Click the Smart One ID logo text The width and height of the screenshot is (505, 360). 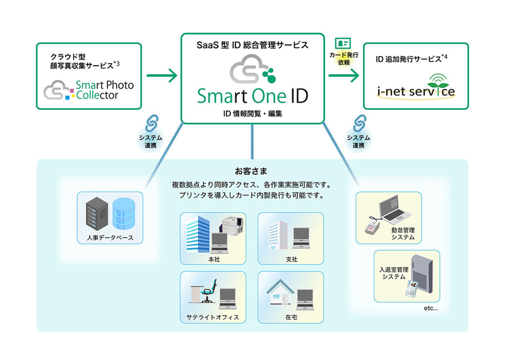252,96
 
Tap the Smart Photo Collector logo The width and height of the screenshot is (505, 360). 89,90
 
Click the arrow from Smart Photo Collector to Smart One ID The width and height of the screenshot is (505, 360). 162,75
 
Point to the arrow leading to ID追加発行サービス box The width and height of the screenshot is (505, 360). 343,76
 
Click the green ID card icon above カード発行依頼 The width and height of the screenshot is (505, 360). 343,43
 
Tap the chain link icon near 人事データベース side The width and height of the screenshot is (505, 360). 151,123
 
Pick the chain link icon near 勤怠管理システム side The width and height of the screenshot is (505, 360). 359,123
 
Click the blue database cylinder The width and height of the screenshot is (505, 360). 124,213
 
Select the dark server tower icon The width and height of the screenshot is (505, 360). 97,213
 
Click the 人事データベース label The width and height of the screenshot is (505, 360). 110,237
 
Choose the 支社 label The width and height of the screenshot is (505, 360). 292,259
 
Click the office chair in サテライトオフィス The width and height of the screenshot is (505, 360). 208,291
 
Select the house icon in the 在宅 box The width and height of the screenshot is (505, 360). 280,292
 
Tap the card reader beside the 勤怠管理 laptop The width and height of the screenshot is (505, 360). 372,226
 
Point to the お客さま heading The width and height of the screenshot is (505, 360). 251,171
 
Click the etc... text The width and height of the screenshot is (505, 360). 431,308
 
